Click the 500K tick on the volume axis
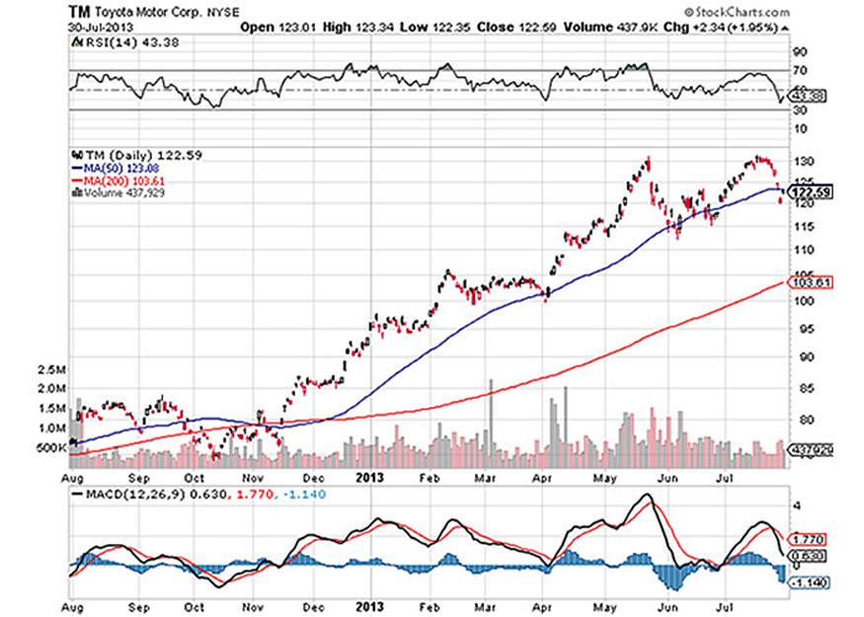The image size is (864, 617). (x=51, y=447)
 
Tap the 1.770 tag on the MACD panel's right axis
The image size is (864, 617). (x=808, y=540)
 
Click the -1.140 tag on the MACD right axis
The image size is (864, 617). (x=808, y=581)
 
